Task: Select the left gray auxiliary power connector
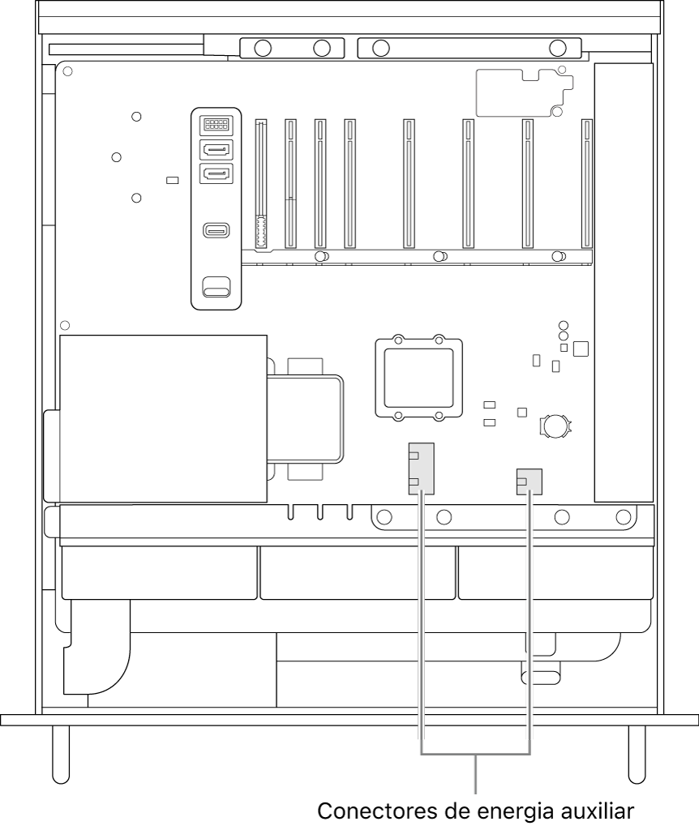point(421,468)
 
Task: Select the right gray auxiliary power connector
point(529,482)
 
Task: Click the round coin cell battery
point(557,425)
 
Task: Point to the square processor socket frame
point(418,379)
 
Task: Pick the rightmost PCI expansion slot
point(586,184)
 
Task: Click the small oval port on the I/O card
point(217,230)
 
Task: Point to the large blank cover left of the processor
point(163,418)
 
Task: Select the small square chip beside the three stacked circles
point(580,349)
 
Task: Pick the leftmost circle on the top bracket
point(262,47)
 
